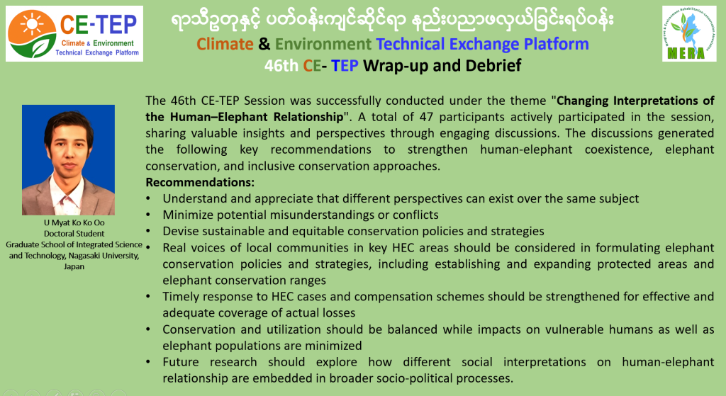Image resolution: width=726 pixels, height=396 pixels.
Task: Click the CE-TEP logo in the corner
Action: [74, 34]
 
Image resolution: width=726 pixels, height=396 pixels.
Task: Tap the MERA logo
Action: [689, 33]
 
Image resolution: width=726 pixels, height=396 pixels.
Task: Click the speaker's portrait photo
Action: [69, 159]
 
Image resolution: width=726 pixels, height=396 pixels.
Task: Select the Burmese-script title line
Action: [393, 20]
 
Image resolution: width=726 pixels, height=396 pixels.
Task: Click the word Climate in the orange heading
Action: [225, 44]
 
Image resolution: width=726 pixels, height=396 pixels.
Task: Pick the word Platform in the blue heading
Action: [556, 44]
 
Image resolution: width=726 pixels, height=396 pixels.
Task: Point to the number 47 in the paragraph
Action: [426, 117]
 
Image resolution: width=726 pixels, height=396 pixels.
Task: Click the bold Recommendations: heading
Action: [200, 182]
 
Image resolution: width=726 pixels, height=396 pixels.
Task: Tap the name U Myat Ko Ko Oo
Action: [74, 222]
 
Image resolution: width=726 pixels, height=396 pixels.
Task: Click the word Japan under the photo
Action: [74, 266]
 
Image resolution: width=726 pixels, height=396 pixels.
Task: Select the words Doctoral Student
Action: [74, 234]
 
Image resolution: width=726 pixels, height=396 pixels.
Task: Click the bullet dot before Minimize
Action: [148, 215]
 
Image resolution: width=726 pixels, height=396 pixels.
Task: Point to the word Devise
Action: [178, 231]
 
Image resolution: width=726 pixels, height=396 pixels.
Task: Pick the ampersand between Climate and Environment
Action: [264, 44]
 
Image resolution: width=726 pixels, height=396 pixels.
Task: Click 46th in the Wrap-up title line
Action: [281, 65]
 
